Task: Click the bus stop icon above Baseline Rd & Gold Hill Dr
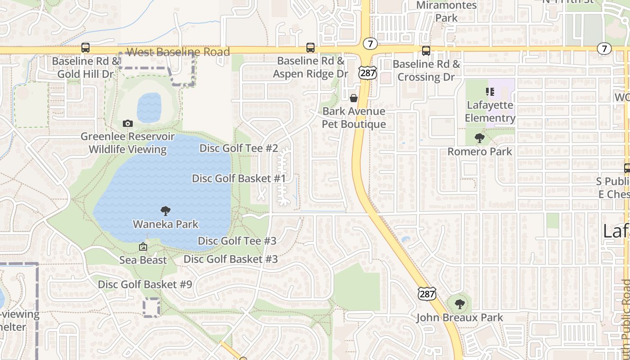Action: point(85,47)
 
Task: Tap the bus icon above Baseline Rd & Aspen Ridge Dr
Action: point(310,47)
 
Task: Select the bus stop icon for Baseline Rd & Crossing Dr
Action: point(426,50)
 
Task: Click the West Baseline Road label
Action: point(178,52)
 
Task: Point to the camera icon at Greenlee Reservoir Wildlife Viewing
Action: point(128,123)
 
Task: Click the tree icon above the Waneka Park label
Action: point(166,211)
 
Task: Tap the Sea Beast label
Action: point(143,260)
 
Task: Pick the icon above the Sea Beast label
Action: point(143,247)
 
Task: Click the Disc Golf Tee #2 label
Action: point(238,148)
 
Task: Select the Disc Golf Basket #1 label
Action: point(239,178)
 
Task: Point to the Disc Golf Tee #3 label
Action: point(237,241)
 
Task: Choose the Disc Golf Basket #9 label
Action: point(145,284)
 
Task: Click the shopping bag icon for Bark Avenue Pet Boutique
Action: point(354,98)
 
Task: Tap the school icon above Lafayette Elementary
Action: point(490,92)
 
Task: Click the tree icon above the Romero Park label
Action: point(480,138)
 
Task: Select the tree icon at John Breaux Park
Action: point(459,304)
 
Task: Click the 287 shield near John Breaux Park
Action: point(426,293)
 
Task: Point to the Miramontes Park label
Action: point(446,11)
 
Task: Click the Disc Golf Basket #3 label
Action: point(230,259)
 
